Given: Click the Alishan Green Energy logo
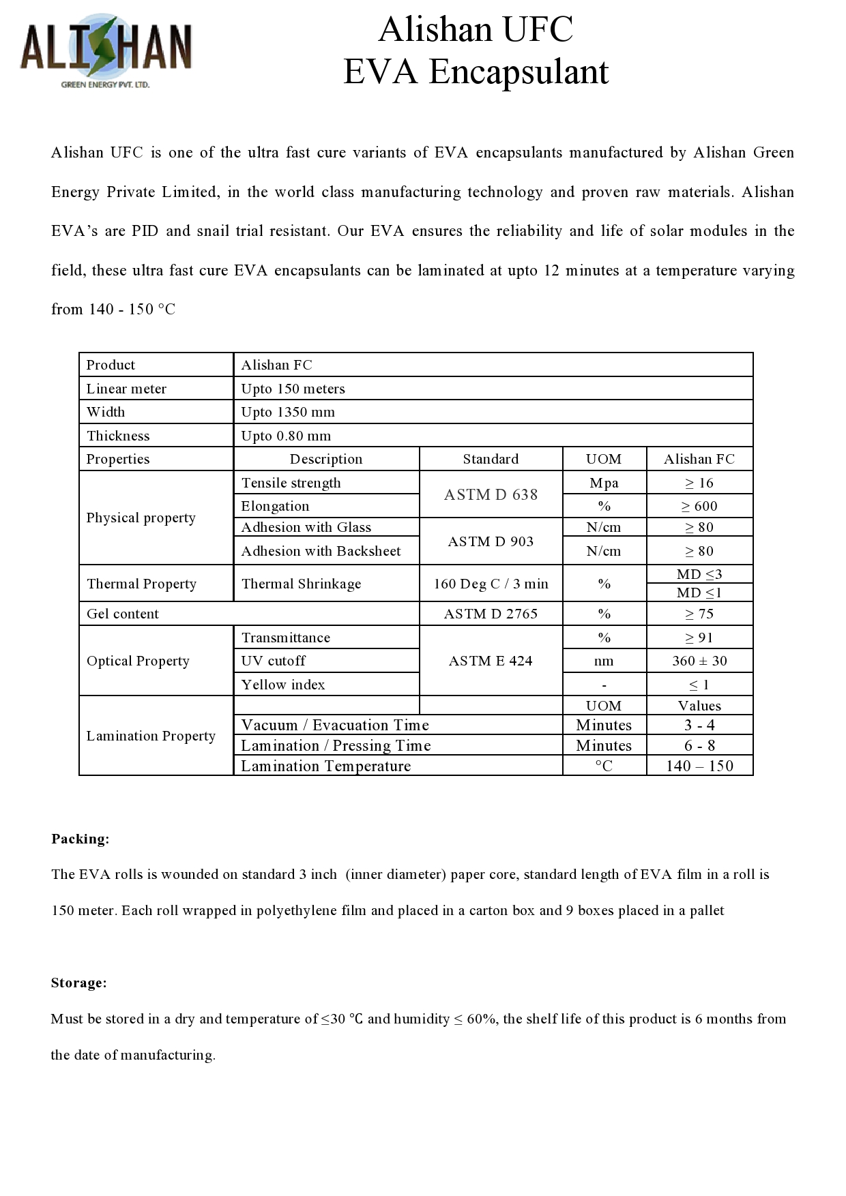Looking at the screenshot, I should [106, 51].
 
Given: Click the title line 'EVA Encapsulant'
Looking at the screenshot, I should [476, 72].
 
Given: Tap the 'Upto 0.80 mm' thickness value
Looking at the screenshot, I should [286, 436].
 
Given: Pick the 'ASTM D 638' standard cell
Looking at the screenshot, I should [491, 494].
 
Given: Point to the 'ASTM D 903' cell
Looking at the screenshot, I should [491, 541].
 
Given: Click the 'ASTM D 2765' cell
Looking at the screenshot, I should [491, 614].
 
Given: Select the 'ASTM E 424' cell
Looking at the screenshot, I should [491, 661].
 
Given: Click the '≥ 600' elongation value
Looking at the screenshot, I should [699, 506].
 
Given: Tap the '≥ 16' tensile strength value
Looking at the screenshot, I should [699, 483].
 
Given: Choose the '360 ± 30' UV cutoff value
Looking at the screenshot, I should [699, 661].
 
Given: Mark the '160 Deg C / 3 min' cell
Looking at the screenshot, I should [491, 584].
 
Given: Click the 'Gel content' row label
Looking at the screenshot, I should [123, 614].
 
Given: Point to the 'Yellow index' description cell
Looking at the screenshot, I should [283, 685].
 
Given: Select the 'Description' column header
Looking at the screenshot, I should [326, 459].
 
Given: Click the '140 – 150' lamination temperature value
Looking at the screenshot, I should [699, 766].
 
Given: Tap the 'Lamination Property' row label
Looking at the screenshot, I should [151, 736].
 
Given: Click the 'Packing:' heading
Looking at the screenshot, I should [81, 839].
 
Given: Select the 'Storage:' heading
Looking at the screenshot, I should [79, 983].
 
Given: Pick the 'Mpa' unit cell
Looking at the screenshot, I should [604, 483].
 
